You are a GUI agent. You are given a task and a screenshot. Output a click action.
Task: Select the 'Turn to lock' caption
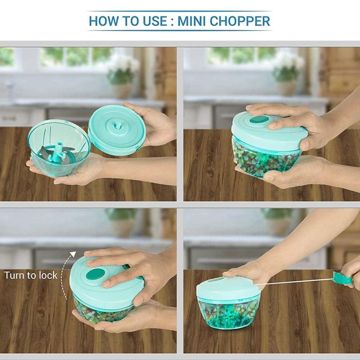31,275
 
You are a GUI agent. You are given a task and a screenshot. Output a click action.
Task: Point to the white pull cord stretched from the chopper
297,283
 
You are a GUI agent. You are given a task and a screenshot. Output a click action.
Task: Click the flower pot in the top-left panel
121,90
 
